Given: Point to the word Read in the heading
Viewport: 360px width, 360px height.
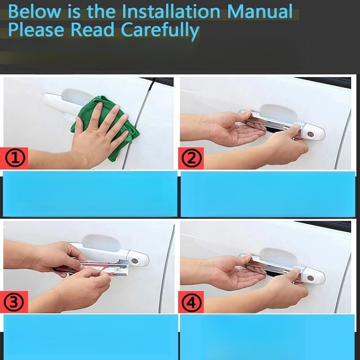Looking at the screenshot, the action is tap(92, 30).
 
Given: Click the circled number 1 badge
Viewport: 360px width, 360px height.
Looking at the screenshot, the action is tap(15, 158).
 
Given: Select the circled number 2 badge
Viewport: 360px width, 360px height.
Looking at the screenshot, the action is tap(191, 158).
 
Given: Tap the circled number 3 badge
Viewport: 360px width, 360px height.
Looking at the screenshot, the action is tap(14, 302).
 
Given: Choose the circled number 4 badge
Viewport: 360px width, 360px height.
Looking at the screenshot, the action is tap(191, 302).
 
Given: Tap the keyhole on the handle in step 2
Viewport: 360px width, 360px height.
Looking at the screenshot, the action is tap(311, 134).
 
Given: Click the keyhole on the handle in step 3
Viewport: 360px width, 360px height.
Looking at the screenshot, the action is tap(135, 261).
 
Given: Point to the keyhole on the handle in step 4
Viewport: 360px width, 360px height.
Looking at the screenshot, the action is tap(311, 278).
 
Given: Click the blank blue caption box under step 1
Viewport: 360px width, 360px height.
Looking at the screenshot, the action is tap(90, 194).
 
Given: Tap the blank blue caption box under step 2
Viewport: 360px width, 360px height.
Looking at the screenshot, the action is tap(268, 194).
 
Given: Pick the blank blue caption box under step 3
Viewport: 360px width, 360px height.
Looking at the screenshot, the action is tap(91, 337).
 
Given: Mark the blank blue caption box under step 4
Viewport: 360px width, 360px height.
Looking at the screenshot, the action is tap(267, 337).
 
